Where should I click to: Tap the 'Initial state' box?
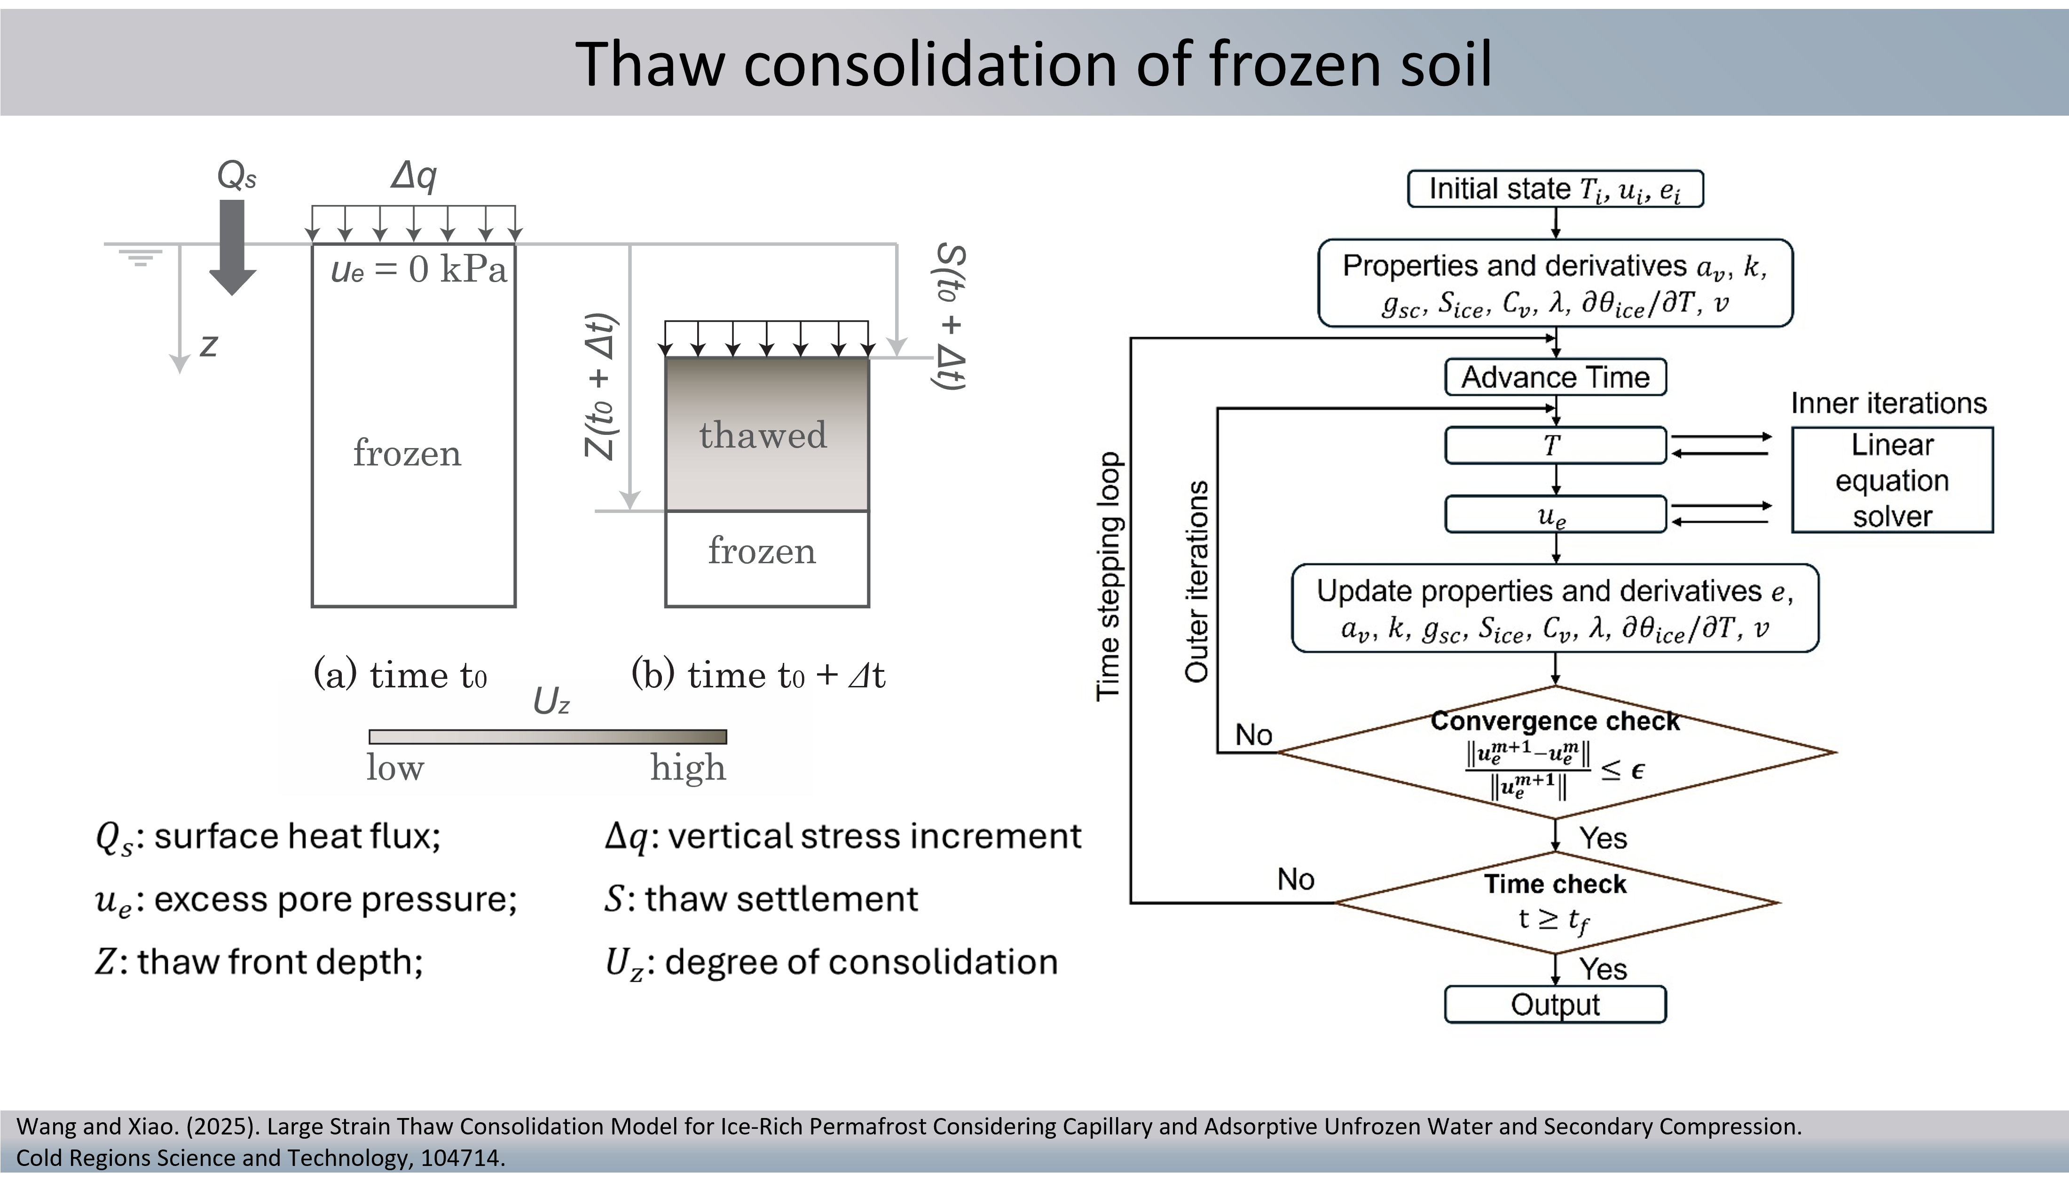pyautogui.click(x=1556, y=189)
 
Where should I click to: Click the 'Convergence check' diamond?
pyautogui.click(x=1556, y=752)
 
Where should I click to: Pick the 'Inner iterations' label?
pyautogui.click(x=1888, y=403)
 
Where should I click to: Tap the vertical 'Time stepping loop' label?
pyautogui.click(x=1108, y=576)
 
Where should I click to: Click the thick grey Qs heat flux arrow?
pyautogui.click(x=233, y=247)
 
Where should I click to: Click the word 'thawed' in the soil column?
pyautogui.click(x=763, y=434)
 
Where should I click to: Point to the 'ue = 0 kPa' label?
pyautogui.click(x=419, y=269)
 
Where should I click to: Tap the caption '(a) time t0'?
pyautogui.click(x=400, y=675)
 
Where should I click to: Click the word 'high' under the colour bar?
pyautogui.click(x=687, y=768)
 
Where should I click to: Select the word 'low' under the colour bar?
pyautogui.click(x=395, y=768)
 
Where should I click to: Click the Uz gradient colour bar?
pyautogui.click(x=548, y=737)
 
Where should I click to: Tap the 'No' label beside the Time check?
pyautogui.click(x=1296, y=880)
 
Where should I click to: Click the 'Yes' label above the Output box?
pyautogui.click(x=1603, y=969)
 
